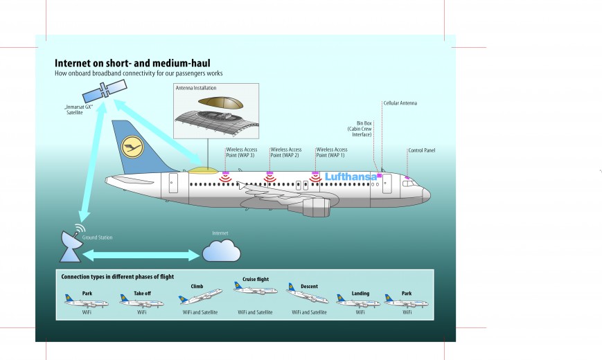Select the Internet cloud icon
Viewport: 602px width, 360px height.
point(221,251)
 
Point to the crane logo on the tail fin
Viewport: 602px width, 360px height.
point(131,147)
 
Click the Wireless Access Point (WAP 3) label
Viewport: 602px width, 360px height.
point(240,152)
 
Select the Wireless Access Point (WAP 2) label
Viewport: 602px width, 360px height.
point(285,152)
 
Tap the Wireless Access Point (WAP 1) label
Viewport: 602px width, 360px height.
point(330,152)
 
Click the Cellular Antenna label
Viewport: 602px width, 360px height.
point(400,103)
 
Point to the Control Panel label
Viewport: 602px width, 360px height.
point(421,150)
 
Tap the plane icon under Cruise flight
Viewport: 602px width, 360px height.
point(255,288)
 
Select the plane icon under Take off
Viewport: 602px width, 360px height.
point(141,301)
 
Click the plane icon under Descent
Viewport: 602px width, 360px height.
point(308,296)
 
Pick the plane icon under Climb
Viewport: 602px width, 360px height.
point(200,296)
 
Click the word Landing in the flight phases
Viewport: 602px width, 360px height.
point(360,293)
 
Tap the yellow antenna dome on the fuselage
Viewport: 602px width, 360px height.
point(202,169)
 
